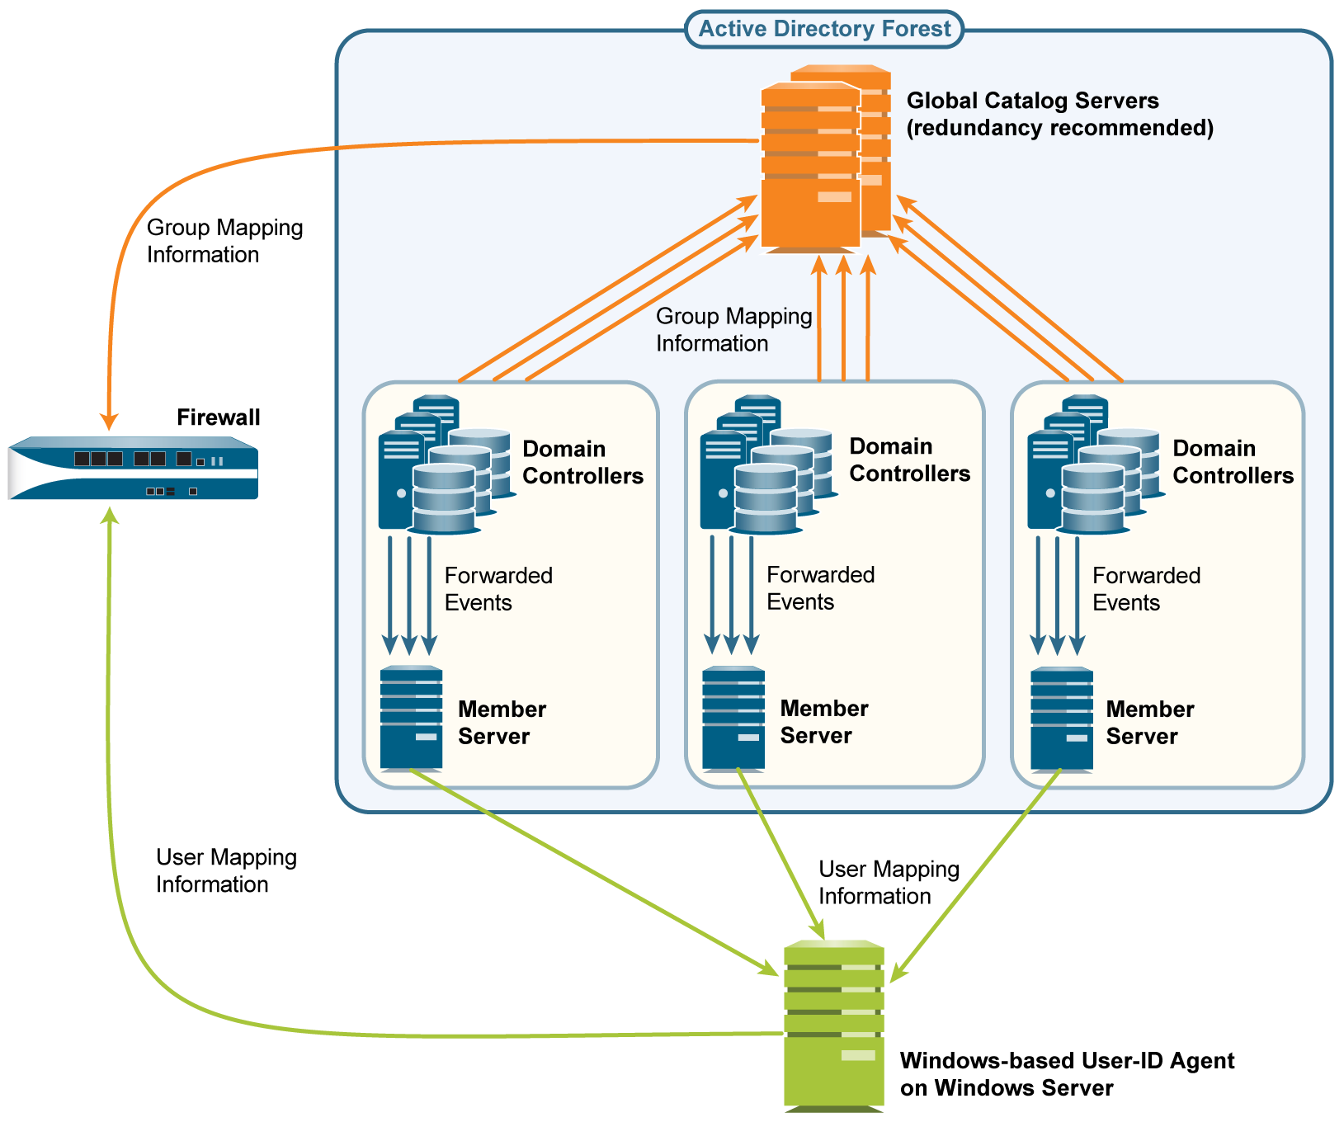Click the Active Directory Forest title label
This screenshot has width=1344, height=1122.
coord(824,29)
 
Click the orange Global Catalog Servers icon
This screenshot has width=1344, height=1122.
coord(821,161)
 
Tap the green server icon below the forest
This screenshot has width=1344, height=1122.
coord(833,1023)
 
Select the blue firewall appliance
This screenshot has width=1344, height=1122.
coord(133,469)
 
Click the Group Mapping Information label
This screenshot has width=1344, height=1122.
coord(733,330)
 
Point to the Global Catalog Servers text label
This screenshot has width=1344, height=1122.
coord(1059,114)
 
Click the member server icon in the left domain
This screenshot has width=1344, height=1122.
coord(411,718)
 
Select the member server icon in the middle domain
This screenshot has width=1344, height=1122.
coord(733,718)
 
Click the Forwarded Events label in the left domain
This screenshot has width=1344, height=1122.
coord(498,589)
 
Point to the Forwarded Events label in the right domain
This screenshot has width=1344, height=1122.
coord(1146,589)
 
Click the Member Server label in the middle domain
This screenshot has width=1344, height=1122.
coord(823,722)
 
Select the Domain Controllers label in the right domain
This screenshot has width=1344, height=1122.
coord(1233,462)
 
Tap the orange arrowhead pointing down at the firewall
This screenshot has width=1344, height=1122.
coord(109,421)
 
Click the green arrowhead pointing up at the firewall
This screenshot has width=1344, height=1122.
coord(109,516)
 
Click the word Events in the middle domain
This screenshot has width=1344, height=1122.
coord(800,602)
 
